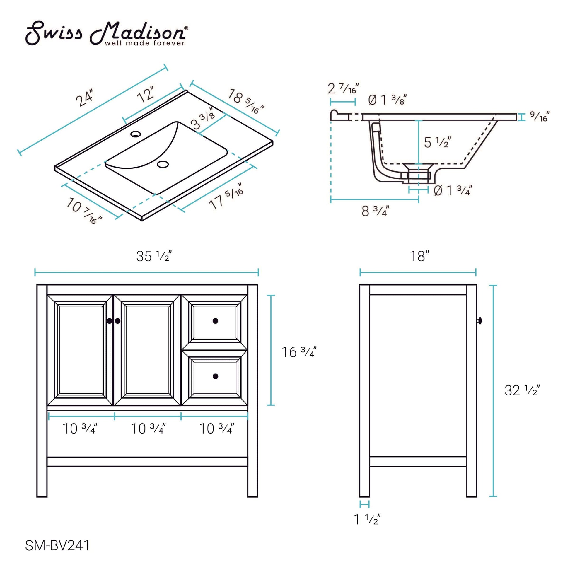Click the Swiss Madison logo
[106, 33]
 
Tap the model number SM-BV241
[57, 545]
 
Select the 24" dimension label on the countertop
[85, 97]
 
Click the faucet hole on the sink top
[135, 134]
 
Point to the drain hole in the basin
[163, 164]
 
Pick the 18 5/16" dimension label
[245, 101]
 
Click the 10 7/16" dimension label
[84, 211]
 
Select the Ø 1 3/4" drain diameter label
[453, 191]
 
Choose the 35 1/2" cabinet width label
[154, 256]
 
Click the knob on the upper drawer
[215, 321]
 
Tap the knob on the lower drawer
[215, 376]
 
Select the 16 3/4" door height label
[299, 352]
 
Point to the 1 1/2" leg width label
[367, 520]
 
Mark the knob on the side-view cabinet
[479, 321]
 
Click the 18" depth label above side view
[419, 256]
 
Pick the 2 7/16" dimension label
[343, 88]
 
